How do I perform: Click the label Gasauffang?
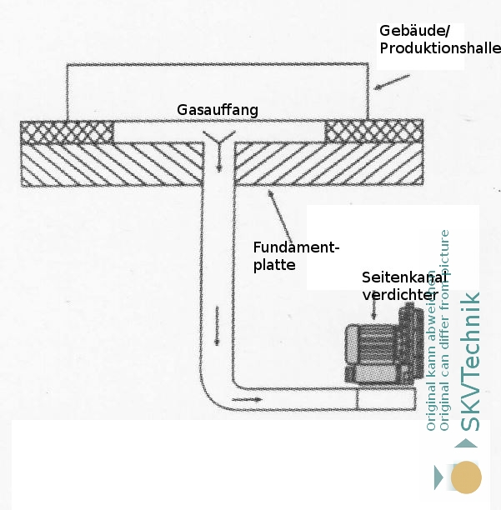click(x=218, y=110)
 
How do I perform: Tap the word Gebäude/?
click(x=414, y=31)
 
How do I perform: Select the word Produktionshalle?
click(x=439, y=48)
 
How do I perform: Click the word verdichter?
click(x=399, y=294)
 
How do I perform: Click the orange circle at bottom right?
click(x=466, y=477)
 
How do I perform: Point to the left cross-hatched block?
click(x=67, y=132)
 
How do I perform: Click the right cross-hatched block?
click(x=373, y=132)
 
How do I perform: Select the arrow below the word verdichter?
click(x=374, y=311)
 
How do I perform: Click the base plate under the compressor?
click(x=385, y=397)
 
